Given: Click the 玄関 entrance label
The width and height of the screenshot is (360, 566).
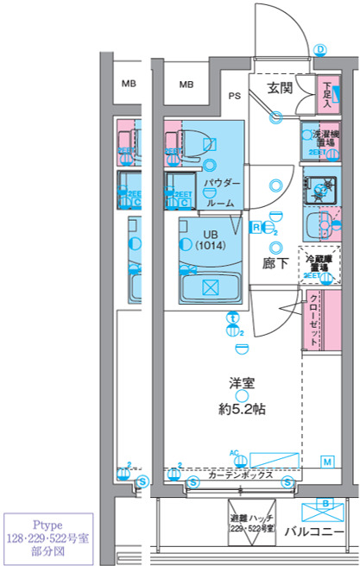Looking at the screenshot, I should pos(278,87).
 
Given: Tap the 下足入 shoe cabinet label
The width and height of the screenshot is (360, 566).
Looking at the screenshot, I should pos(327,94).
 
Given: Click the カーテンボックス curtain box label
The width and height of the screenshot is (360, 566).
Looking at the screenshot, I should pos(241,475).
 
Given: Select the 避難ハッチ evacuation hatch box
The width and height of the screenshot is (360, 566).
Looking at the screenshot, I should pos(251,521).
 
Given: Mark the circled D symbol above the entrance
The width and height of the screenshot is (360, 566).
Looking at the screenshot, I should pos(319,50).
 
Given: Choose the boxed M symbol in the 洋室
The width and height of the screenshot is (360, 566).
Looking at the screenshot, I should pos(328,462).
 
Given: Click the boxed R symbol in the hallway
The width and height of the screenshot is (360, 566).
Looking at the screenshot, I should pos(256,227).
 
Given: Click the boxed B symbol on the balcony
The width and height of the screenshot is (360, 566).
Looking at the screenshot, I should pos(325,501).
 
